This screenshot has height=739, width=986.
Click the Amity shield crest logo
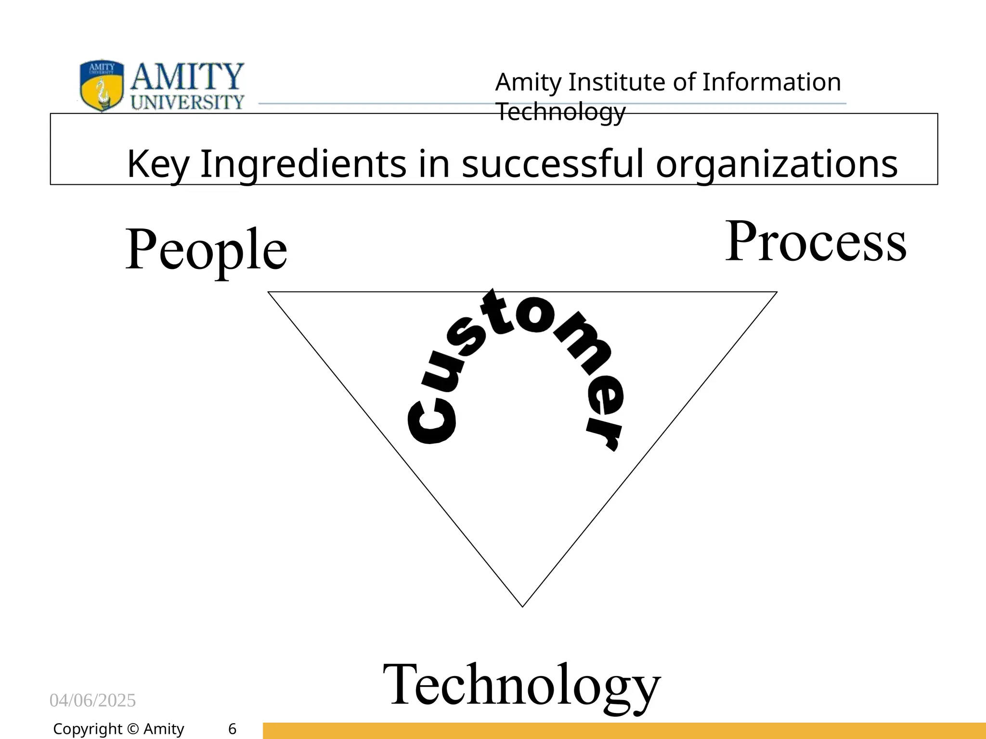coord(101,86)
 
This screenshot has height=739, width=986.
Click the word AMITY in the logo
coord(187,77)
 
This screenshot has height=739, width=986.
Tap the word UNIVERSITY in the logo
coord(188,102)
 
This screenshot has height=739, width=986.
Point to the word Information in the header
coord(771,82)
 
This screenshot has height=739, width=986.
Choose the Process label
coord(816,242)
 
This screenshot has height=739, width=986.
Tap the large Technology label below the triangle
coord(521,685)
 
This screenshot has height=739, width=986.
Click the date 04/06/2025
coord(92,701)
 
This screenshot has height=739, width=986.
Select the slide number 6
coord(232,729)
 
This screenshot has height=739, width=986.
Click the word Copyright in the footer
coord(88,729)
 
